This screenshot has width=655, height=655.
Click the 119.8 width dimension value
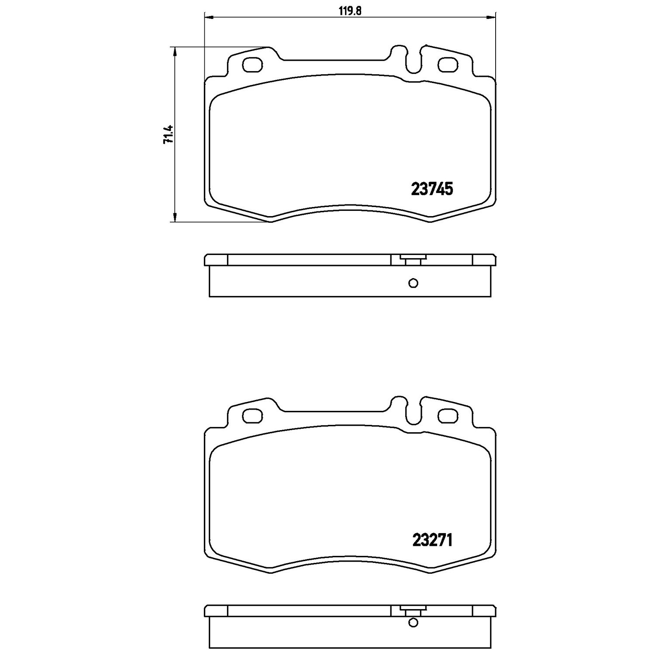(x=350, y=11)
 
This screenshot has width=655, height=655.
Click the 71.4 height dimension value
(x=168, y=134)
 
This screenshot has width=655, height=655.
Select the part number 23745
(x=432, y=189)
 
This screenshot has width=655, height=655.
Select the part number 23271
(x=432, y=540)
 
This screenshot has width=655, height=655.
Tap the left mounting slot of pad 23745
(x=252, y=65)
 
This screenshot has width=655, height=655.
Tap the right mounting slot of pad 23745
(x=448, y=65)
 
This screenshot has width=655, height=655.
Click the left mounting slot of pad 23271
(x=252, y=416)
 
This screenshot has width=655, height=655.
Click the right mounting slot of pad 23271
(x=448, y=416)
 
